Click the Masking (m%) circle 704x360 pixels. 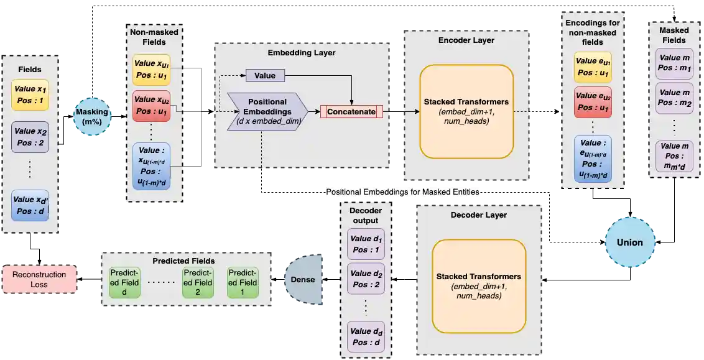pyautogui.click(x=91, y=116)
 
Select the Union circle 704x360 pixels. pyautogui.click(x=629, y=242)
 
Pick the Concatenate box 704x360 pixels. pyautogui.click(x=351, y=112)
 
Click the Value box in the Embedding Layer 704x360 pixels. pyautogui.click(x=265, y=76)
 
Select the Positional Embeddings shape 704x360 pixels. pyautogui.click(x=267, y=111)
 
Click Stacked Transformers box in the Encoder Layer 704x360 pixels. pyautogui.click(x=466, y=111)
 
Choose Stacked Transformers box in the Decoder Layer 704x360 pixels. pyautogui.click(x=478, y=286)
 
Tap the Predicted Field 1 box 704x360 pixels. pyautogui.click(x=243, y=282)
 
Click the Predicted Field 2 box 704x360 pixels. pyautogui.click(x=198, y=282)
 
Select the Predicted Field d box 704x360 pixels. pyautogui.click(x=124, y=282)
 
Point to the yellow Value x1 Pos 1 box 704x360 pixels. pyautogui.click(x=30, y=95)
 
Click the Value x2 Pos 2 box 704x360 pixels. pyautogui.click(x=30, y=137)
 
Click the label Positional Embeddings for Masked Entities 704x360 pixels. pyautogui.click(x=403, y=193)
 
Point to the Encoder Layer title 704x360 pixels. pyautogui.click(x=466, y=40)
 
